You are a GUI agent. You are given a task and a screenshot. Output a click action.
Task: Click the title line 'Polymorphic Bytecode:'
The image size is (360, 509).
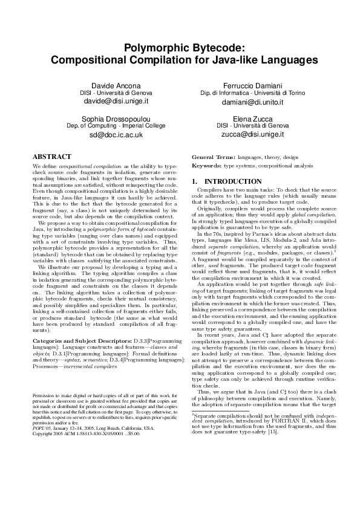[x=180, y=48]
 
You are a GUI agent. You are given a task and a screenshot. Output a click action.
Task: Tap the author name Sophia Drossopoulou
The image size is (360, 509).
[x=115, y=119]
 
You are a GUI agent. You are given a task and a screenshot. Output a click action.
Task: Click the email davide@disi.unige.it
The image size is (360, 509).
[x=115, y=102]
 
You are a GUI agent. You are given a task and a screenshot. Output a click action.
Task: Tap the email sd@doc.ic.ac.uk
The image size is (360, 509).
[x=115, y=135]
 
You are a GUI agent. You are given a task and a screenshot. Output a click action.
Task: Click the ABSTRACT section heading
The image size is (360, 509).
[x=51, y=156]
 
